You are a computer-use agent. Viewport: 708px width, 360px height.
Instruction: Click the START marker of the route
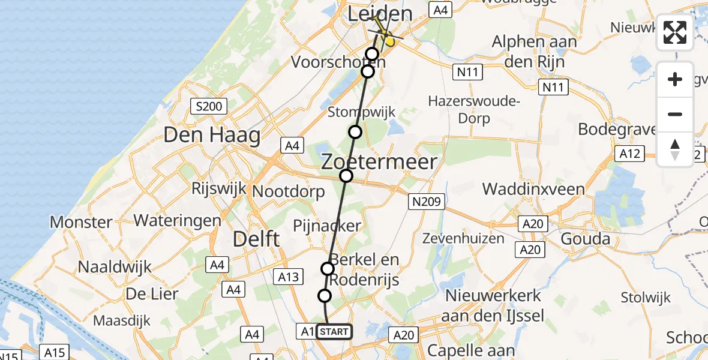pyautogui.click(x=333, y=332)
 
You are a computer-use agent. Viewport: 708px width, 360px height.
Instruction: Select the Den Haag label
pyautogui.click(x=212, y=135)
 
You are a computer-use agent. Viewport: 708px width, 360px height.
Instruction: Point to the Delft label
pyautogui.click(x=256, y=239)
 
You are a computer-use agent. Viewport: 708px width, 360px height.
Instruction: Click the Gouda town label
pyautogui.click(x=585, y=239)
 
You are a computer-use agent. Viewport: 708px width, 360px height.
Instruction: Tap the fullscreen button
pyautogui.click(x=675, y=32)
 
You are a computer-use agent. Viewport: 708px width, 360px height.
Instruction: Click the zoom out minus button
pyautogui.click(x=675, y=115)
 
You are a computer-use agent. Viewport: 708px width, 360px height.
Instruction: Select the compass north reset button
pyautogui.click(x=675, y=149)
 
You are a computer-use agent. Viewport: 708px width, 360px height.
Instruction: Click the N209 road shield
pyautogui.click(x=426, y=202)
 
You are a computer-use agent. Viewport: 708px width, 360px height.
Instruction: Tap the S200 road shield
pyautogui.click(x=208, y=107)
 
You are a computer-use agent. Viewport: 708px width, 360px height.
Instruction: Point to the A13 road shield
pyautogui.click(x=289, y=276)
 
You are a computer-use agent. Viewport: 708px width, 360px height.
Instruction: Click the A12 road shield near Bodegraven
pyautogui.click(x=630, y=154)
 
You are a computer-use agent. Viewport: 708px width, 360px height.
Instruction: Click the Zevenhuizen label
pyautogui.click(x=471, y=238)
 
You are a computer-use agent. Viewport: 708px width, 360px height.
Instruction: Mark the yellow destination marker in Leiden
pyautogui.click(x=390, y=41)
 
